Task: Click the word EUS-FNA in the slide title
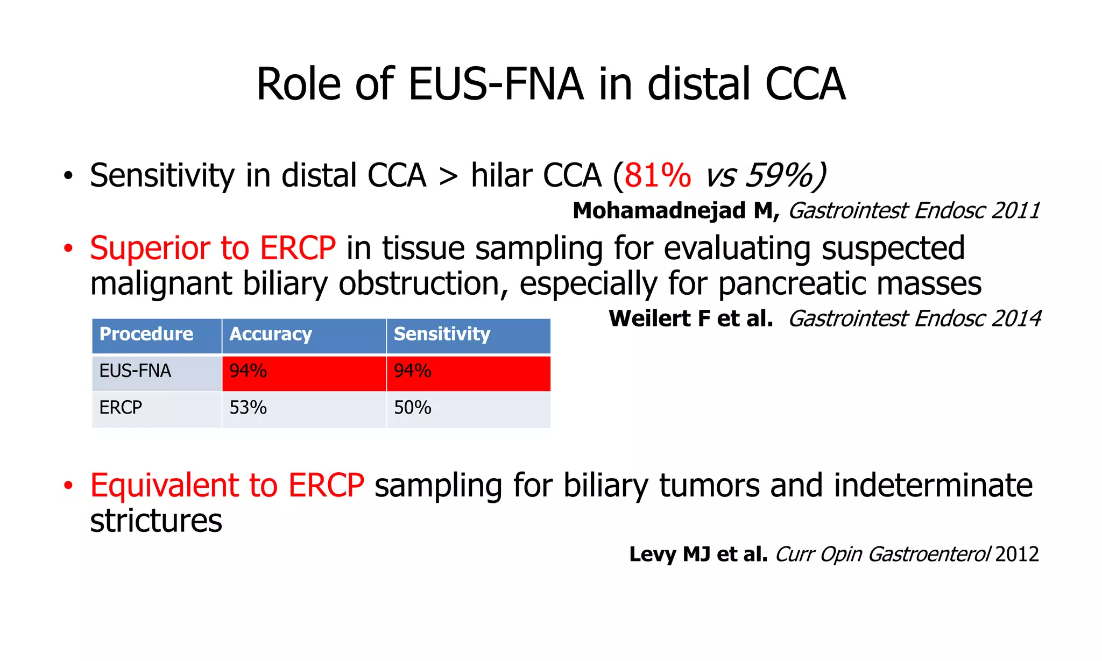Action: [x=496, y=84]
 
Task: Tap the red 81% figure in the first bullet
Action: [x=658, y=176]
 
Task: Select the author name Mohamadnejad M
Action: [x=675, y=210]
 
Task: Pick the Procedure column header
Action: [x=146, y=334]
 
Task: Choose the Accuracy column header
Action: [x=271, y=334]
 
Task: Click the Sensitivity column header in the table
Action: [x=442, y=334]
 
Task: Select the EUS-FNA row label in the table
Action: [x=135, y=371]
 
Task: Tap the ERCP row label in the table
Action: [x=121, y=408]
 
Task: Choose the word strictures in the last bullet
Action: [x=156, y=521]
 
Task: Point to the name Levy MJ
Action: [x=670, y=554]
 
